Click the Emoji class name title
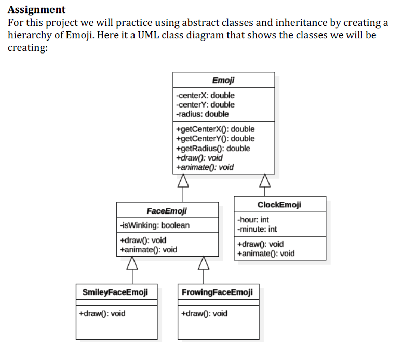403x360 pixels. (x=223, y=80)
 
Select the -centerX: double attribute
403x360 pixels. (x=205, y=95)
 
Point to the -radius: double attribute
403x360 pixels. (x=203, y=114)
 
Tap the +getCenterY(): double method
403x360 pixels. (x=216, y=138)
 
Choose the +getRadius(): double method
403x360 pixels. (x=213, y=148)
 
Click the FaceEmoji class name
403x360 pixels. (x=167, y=211)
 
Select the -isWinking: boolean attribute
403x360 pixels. (x=155, y=225)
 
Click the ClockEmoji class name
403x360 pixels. (x=279, y=204)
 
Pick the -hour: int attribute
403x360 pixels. (x=253, y=220)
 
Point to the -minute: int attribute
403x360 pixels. (x=257, y=229)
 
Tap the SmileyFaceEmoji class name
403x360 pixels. (x=115, y=292)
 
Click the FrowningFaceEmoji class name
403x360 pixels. (x=218, y=292)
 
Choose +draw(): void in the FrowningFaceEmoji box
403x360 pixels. (x=204, y=313)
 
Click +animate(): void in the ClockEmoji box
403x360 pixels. (x=265, y=254)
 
